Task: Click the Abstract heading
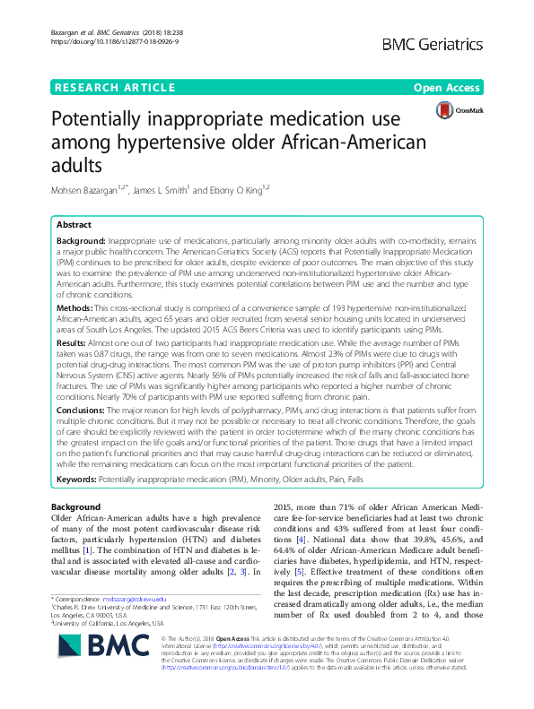(x=74, y=226)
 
